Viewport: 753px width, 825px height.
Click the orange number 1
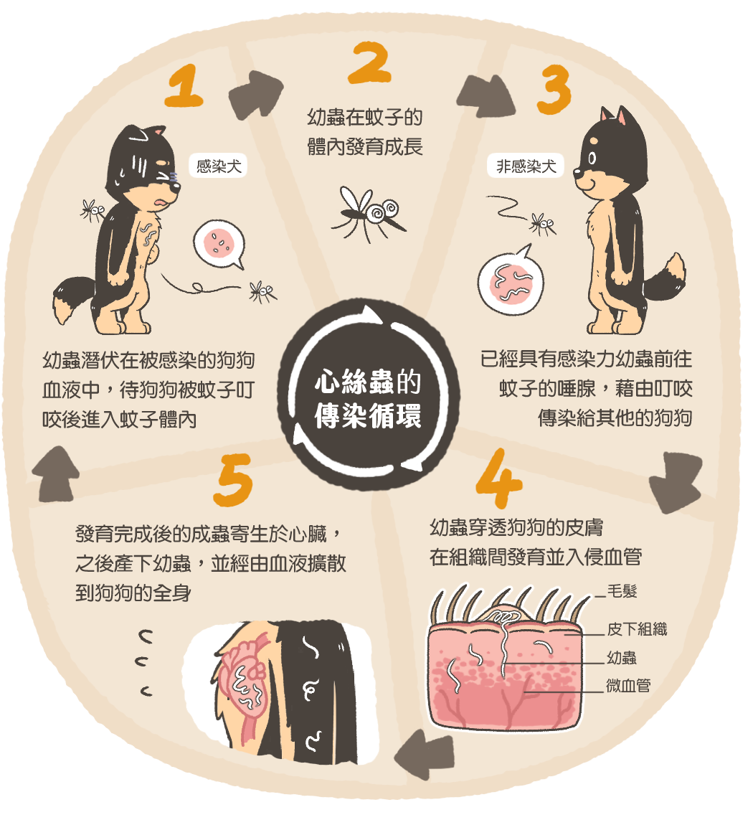(x=184, y=86)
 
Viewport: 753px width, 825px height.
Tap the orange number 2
(x=369, y=62)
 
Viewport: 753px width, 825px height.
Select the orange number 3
(x=554, y=89)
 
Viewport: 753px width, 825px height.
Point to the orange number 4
(x=498, y=478)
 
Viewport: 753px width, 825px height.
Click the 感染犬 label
(x=218, y=166)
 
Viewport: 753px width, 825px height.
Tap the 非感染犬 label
(x=526, y=166)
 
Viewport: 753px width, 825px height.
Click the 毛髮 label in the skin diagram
(x=622, y=591)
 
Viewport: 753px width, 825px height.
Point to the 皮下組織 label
(x=637, y=628)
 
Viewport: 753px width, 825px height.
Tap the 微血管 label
(x=628, y=685)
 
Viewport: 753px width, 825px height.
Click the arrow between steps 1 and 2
(x=256, y=95)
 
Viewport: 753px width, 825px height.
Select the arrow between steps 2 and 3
(x=486, y=96)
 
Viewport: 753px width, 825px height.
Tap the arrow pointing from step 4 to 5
(x=424, y=753)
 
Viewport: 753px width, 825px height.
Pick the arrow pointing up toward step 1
(x=56, y=473)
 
